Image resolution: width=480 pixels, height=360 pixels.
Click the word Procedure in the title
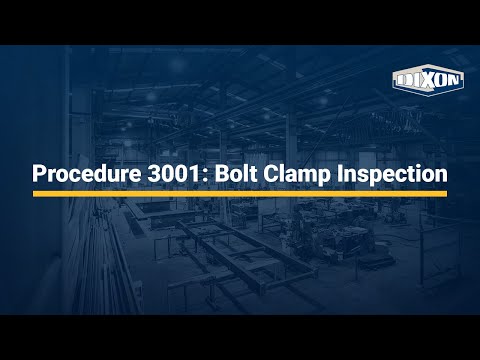(87, 174)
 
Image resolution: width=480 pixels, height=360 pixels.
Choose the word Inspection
(392, 174)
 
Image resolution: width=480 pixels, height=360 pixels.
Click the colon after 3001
(205, 176)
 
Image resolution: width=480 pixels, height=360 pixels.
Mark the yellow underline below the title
(240, 194)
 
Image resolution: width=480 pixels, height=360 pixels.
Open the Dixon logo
(428, 80)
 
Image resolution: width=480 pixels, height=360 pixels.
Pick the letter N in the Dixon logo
(455, 80)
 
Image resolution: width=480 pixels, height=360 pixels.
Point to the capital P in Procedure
(39, 174)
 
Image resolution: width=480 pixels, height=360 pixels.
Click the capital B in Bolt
(222, 174)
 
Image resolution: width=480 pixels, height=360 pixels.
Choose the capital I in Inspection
(340, 174)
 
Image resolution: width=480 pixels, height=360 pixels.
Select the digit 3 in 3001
(154, 174)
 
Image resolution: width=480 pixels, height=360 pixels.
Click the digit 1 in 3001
(195, 174)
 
